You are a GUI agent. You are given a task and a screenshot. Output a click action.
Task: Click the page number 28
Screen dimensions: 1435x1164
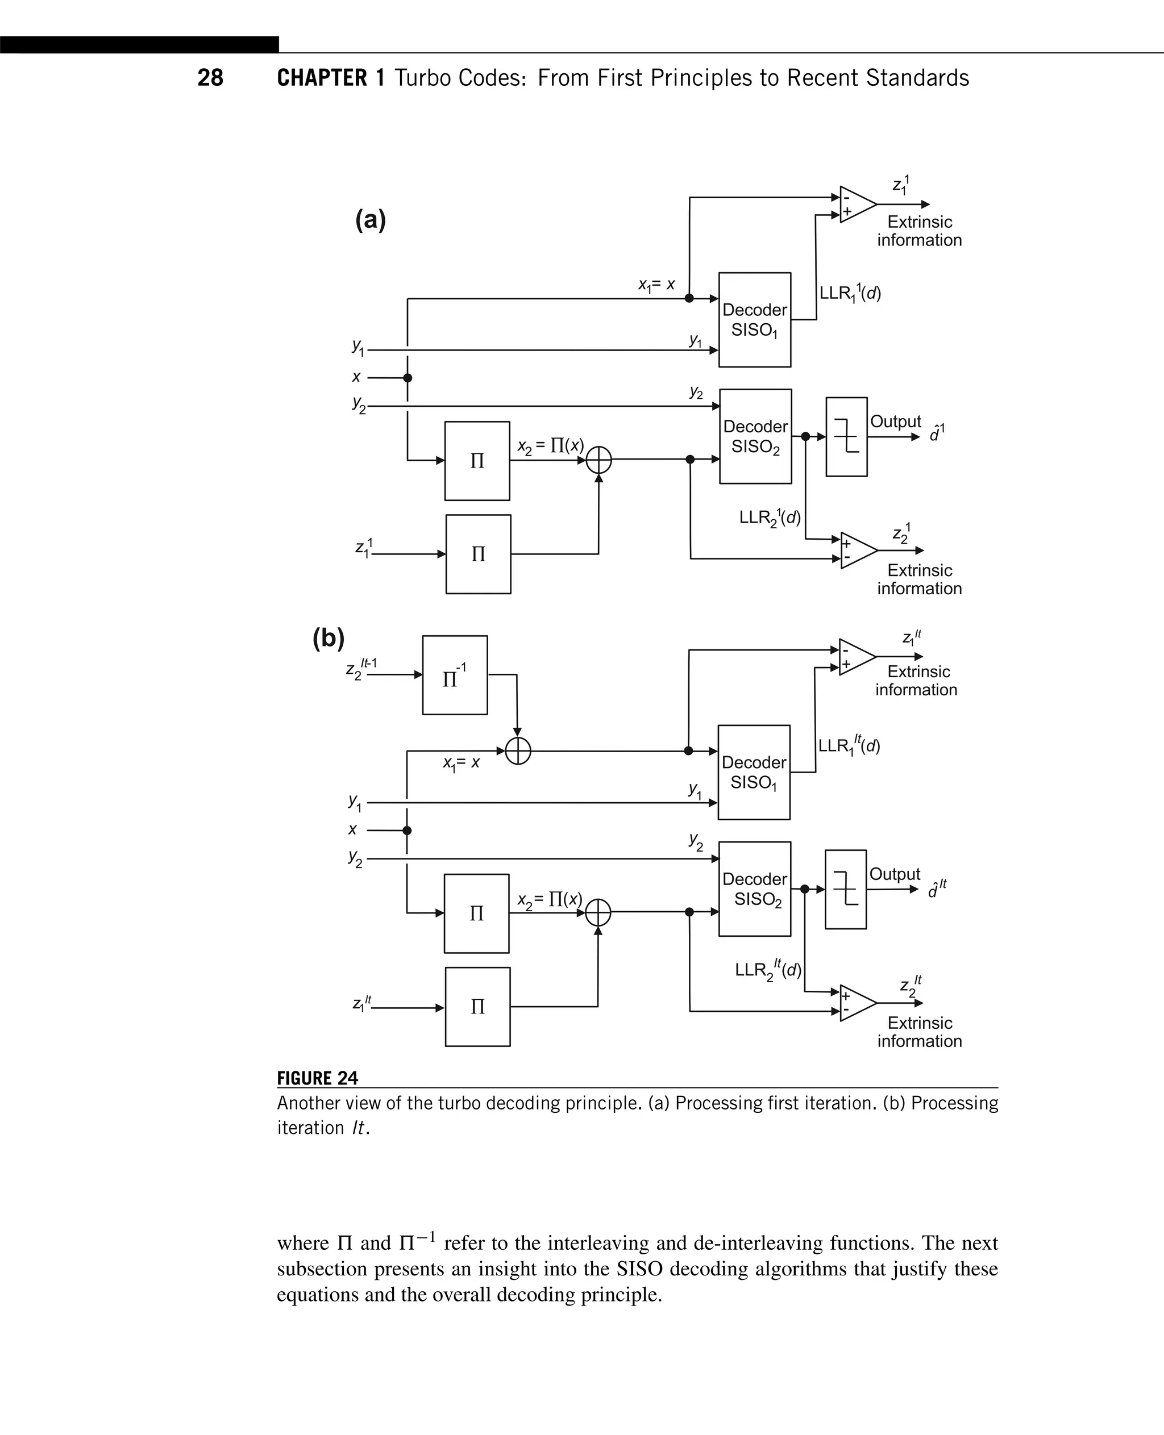pyautogui.click(x=210, y=78)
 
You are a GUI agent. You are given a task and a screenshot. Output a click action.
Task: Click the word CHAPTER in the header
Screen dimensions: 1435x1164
pyautogui.click(x=322, y=78)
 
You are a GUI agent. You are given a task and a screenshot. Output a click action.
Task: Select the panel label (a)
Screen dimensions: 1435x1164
pyautogui.click(x=370, y=220)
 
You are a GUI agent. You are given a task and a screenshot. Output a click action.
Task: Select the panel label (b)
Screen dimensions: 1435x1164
pyautogui.click(x=329, y=637)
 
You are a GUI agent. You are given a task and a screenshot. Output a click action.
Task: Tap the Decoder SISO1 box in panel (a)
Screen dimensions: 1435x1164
pyautogui.click(x=754, y=320)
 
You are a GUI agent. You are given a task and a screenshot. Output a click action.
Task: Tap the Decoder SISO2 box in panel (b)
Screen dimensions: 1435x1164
pyautogui.click(x=754, y=888)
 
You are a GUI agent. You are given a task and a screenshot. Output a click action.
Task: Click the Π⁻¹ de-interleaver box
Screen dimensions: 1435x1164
pyautogui.click(x=455, y=675)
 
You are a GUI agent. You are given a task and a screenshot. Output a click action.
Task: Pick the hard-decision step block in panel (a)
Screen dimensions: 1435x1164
pyautogui.click(x=846, y=437)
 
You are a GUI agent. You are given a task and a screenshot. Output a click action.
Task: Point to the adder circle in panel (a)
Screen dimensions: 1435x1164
pyautogui.click(x=598, y=460)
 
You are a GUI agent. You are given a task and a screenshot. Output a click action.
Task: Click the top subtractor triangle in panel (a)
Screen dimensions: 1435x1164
pyautogui.click(x=857, y=205)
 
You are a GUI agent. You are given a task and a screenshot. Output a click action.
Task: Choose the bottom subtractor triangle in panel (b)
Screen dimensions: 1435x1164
pyautogui.click(x=857, y=1003)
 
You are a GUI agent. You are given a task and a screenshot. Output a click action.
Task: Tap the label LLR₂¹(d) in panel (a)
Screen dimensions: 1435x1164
pyautogui.click(x=769, y=518)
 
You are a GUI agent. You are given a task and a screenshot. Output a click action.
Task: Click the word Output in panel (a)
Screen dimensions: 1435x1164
pyautogui.click(x=895, y=422)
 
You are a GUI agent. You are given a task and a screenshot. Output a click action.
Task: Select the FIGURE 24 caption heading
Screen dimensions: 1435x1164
pyautogui.click(x=317, y=1078)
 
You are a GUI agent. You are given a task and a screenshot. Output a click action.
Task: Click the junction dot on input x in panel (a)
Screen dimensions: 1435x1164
pyautogui.click(x=407, y=378)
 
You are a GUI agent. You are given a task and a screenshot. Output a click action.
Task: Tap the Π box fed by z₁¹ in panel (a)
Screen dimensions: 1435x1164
pyautogui.click(x=478, y=554)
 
